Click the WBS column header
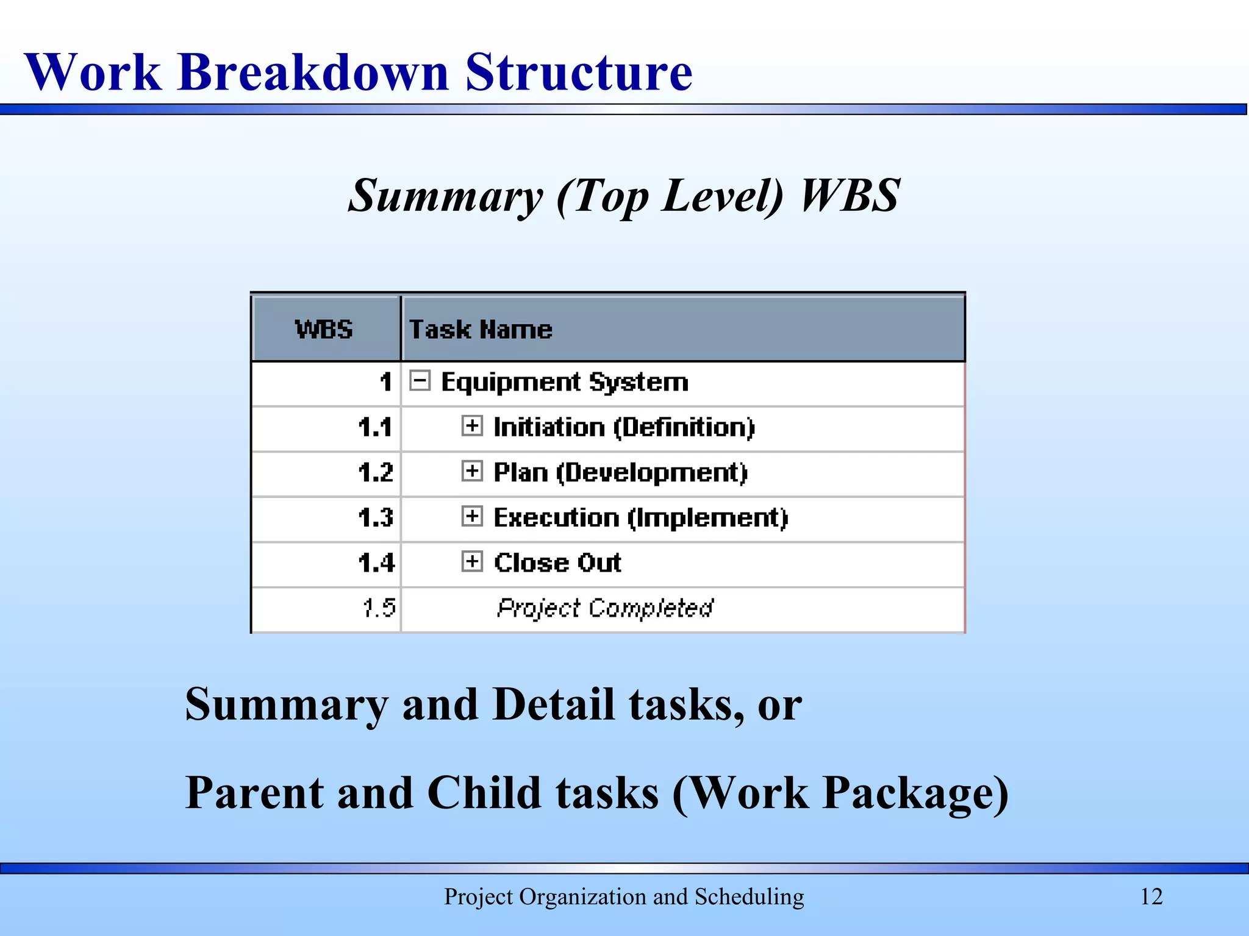point(324,330)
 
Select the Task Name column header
point(481,330)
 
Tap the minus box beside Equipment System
point(420,381)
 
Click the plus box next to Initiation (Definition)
point(472,425)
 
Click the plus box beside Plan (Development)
point(472,470)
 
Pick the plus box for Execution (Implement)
point(472,516)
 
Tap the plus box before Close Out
point(472,561)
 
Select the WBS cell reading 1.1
point(375,427)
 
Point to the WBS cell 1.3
point(376,517)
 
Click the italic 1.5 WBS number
point(379,608)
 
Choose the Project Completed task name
point(604,608)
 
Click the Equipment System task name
point(565,382)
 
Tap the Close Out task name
point(557,562)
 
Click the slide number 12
point(1151,896)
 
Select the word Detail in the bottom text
point(553,704)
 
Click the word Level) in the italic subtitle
point(722,196)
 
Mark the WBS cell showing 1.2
point(376,472)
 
